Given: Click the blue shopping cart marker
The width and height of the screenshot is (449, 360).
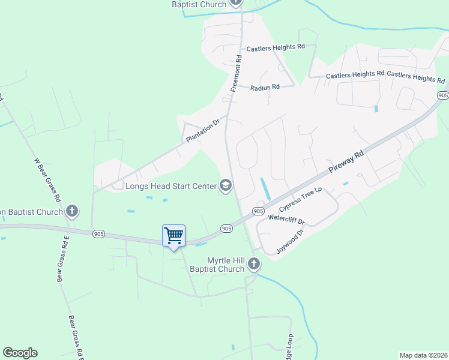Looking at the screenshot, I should click(173, 236).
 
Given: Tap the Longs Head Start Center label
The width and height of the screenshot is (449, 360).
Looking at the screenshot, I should click(170, 186).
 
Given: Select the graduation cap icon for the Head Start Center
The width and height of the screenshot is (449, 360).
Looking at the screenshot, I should click(226, 185).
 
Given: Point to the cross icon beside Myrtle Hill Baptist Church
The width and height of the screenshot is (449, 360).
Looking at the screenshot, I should click(254, 264).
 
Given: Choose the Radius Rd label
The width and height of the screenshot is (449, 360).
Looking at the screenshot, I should click(265, 87).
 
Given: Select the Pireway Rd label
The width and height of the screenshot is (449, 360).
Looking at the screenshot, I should click(346, 163).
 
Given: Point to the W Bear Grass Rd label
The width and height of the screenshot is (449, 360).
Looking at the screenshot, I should click(47, 179).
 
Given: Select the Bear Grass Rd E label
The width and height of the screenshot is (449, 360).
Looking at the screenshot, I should click(62, 259).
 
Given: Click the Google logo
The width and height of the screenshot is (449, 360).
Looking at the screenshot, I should click(20, 353).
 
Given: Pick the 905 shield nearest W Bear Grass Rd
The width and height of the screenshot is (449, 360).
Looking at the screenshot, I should click(98, 233).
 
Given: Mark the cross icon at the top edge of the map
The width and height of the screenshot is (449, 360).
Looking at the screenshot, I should click(237, 3).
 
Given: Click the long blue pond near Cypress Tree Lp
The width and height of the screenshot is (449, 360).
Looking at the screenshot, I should click(265, 189).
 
